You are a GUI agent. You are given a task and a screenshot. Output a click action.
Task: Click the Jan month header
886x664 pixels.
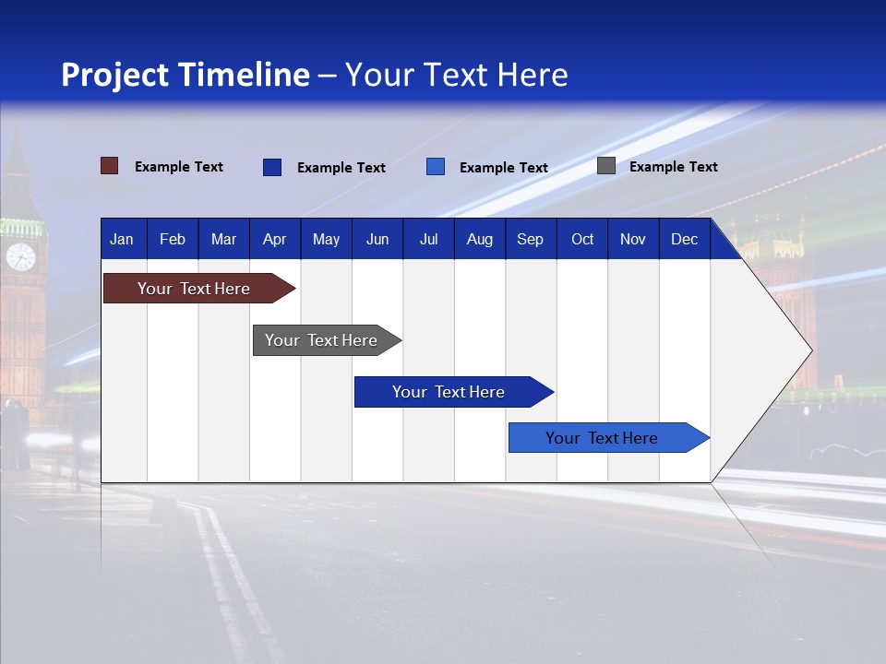click(x=122, y=239)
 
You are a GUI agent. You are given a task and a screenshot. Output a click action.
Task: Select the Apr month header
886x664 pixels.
click(x=274, y=239)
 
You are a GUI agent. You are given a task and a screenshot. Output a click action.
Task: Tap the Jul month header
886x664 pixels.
click(x=428, y=239)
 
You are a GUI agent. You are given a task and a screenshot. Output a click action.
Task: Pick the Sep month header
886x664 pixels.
click(x=530, y=239)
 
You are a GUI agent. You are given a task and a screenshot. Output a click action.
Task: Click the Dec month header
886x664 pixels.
click(x=684, y=239)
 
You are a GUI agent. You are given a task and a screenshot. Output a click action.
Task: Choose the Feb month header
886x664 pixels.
click(x=173, y=239)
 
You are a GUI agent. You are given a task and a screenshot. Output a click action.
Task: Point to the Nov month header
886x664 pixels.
click(x=632, y=239)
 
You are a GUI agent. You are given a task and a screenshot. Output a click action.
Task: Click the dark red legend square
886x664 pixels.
click(x=109, y=166)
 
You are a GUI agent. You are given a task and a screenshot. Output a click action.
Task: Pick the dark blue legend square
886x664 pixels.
click(x=271, y=167)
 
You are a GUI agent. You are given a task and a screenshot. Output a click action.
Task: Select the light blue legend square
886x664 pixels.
click(x=436, y=167)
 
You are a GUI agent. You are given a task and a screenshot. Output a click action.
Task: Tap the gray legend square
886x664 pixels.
click(x=605, y=166)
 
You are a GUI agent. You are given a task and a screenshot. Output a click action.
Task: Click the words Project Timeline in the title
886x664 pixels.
click(x=186, y=75)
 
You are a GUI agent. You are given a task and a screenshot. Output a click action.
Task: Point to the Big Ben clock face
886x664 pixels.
click(x=20, y=256)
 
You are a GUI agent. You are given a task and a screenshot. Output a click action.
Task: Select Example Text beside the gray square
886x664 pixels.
click(x=673, y=167)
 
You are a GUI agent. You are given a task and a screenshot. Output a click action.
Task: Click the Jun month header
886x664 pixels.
click(x=377, y=239)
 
